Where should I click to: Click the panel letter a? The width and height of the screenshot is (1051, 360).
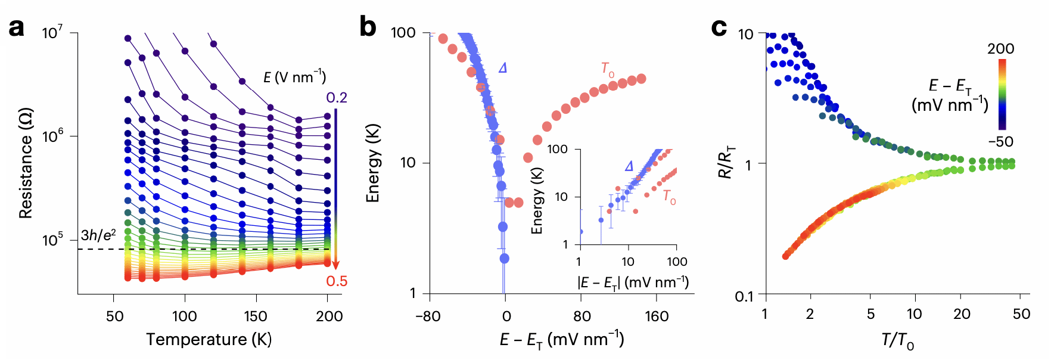pyautogui.click(x=17, y=27)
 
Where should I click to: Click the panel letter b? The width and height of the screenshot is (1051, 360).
pyautogui.click(x=368, y=27)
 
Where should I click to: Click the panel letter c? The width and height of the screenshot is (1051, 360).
pyautogui.click(x=719, y=27)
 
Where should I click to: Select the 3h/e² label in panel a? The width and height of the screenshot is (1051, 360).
pyautogui.click(x=98, y=235)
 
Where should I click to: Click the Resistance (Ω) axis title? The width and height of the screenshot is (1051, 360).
pyautogui.click(x=26, y=163)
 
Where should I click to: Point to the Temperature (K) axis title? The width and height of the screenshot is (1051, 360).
pyautogui.click(x=209, y=340)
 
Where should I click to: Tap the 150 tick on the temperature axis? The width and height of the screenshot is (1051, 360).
pyautogui.click(x=256, y=316)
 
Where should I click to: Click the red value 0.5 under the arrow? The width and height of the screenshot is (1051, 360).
pyautogui.click(x=337, y=281)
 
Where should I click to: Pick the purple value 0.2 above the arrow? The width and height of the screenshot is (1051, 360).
pyautogui.click(x=337, y=98)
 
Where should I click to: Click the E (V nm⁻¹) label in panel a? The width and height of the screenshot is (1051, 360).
pyautogui.click(x=295, y=77)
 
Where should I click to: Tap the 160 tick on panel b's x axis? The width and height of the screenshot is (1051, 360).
pyautogui.click(x=657, y=316)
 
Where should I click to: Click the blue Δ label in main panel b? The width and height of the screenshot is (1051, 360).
pyautogui.click(x=503, y=68)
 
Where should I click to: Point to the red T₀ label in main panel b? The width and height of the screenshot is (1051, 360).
pyautogui.click(x=607, y=70)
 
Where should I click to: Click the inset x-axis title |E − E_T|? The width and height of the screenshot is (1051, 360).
pyautogui.click(x=633, y=282)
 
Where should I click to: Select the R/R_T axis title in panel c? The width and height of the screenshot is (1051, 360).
pyautogui.click(x=726, y=164)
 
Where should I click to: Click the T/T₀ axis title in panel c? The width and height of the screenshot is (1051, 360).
pyautogui.click(x=897, y=341)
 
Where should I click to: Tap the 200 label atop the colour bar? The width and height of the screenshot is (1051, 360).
pyautogui.click(x=1000, y=49)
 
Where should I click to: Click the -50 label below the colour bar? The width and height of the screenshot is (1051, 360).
pyautogui.click(x=1000, y=142)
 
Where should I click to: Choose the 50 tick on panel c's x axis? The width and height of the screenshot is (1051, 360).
pyautogui.click(x=1021, y=314)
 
